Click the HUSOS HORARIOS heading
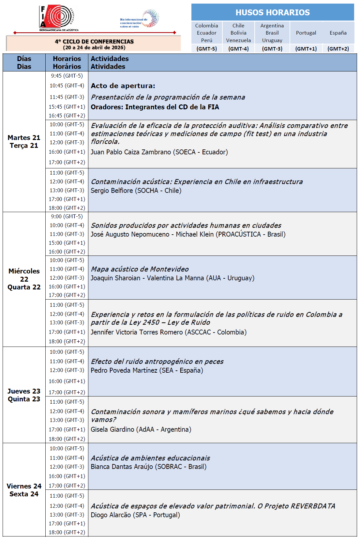(x=273, y=12)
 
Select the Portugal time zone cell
(x=306, y=33)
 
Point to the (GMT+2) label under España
(x=338, y=49)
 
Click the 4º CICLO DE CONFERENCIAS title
(x=94, y=41)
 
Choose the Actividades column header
(x=110, y=59)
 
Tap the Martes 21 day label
(x=24, y=138)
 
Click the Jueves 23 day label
(x=24, y=391)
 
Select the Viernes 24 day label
(x=24, y=486)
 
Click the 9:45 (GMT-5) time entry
(x=67, y=76)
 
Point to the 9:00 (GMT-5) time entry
(x=67, y=216)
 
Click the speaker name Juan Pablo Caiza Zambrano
(x=131, y=152)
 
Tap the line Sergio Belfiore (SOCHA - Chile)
(x=136, y=191)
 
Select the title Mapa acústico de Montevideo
(x=140, y=269)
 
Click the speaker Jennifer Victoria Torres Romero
(x=137, y=332)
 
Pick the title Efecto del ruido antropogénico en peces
(x=157, y=362)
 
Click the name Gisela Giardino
(x=112, y=429)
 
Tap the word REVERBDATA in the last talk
(x=313, y=506)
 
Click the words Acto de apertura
(x=123, y=86)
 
